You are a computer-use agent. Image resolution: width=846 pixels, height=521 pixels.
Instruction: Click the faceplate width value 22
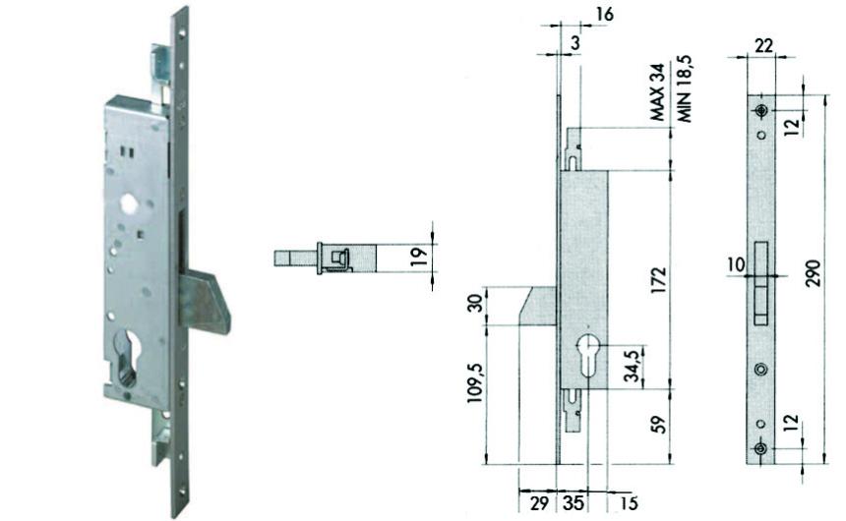[763, 46]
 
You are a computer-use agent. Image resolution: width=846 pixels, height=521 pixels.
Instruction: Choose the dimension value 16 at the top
[603, 16]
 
